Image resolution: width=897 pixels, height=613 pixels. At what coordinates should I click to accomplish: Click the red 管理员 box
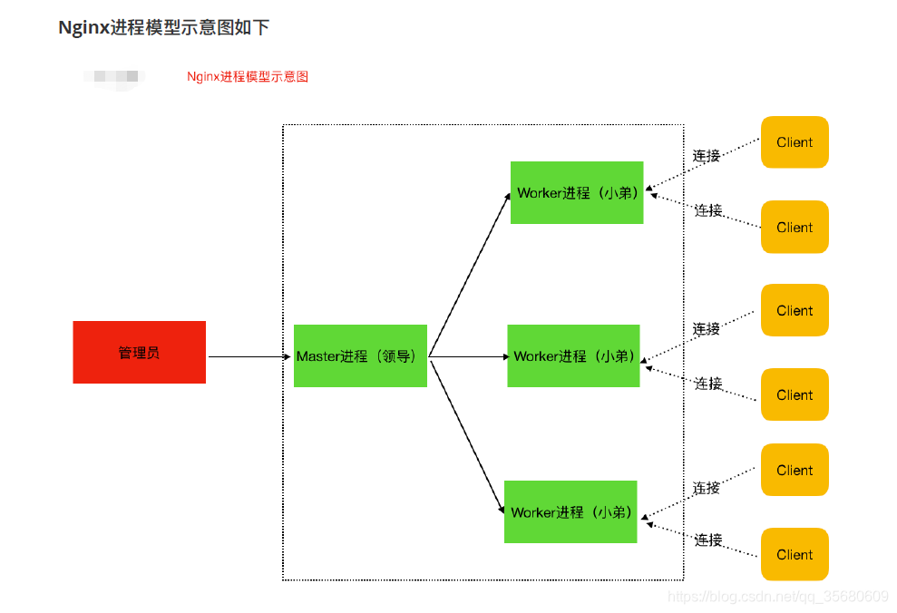pos(139,352)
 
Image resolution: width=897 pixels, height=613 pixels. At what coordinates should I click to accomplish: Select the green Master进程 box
pos(360,355)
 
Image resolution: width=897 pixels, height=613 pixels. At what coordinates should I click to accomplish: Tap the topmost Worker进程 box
pos(577,192)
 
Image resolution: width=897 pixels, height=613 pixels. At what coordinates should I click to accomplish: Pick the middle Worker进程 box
pos(573,355)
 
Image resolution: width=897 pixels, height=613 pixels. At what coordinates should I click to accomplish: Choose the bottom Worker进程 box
pos(570,511)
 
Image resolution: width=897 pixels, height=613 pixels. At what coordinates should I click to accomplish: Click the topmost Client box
pos(795,142)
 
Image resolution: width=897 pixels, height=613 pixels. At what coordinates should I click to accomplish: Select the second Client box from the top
pos(795,227)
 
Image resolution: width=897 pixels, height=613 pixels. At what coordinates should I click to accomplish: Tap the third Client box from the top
pos(795,310)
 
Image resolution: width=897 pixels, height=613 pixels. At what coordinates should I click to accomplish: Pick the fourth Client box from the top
pos(795,394)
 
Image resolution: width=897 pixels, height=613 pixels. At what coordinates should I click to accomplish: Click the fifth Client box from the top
pos(795,470)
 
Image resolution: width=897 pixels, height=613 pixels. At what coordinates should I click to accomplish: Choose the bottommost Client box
pos(795,554)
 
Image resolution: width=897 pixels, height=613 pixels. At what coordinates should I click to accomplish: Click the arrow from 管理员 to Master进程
pos(249,356)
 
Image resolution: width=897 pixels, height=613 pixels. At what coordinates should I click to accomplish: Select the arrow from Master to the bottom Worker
pos(467,435)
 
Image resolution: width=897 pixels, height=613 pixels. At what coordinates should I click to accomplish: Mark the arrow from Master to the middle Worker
pos(469,356)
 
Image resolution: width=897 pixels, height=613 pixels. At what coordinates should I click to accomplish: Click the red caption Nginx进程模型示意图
pos(248,77)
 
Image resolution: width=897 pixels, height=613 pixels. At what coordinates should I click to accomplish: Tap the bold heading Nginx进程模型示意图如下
pos(163,27)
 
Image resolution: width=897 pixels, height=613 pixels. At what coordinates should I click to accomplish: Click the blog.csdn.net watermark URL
pos(777,596)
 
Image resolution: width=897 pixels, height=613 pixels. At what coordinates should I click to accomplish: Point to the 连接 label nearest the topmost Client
pos(707,155)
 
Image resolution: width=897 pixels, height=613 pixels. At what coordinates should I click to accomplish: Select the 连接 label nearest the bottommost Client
pos(708,540)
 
